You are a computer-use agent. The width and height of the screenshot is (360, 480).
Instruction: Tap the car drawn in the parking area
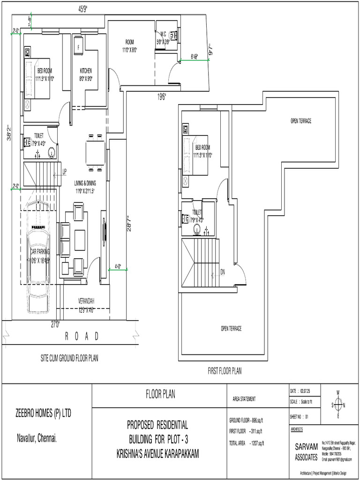pyautogui.click(x=40, y=268)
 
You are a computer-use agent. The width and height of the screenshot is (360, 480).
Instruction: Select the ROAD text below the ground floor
pyautogui.click(x=82, y=336)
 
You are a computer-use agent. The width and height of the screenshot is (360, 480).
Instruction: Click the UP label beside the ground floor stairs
pyautogui.click(x=64, y=172)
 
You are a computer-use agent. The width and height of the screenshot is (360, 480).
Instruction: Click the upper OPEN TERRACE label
pyautogui.click(x=300, y=121)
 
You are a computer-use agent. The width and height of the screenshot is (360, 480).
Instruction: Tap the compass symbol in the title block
pyautogui.click(x=337, y=405)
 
